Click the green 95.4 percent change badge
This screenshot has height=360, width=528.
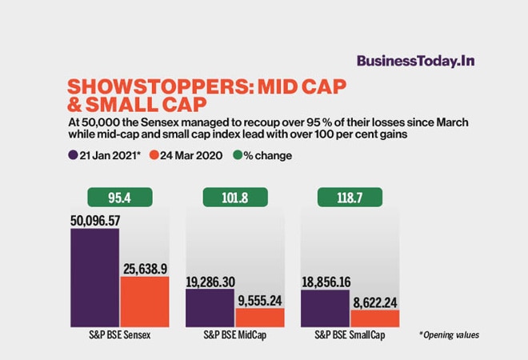click(120, 197)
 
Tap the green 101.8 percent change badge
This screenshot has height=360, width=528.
click(235, 197)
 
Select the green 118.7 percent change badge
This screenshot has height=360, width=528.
click(350, 197)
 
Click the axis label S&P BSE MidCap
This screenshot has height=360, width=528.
click(235, 336)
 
